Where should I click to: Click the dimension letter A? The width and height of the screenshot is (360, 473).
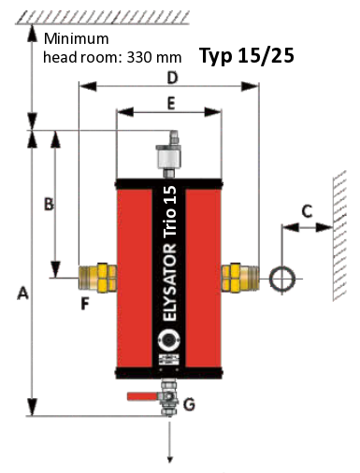[x=22, y=294]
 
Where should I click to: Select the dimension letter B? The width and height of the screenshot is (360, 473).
[x=49, y=205]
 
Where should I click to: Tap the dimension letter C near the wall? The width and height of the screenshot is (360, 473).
[x=307, y=211]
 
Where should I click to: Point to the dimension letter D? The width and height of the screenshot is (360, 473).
[x=172, y=78]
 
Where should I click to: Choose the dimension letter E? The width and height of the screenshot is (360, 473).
[x=171, y=104]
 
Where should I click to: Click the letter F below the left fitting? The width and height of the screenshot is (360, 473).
[x=85, y=303]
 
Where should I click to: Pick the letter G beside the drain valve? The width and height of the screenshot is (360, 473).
[x=189, y=404]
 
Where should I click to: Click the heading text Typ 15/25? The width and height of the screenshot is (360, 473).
[x=247, y=55]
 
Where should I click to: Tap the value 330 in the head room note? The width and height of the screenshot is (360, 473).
[x=138, y=57]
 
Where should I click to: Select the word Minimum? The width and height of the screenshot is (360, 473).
[x=77, y=38]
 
